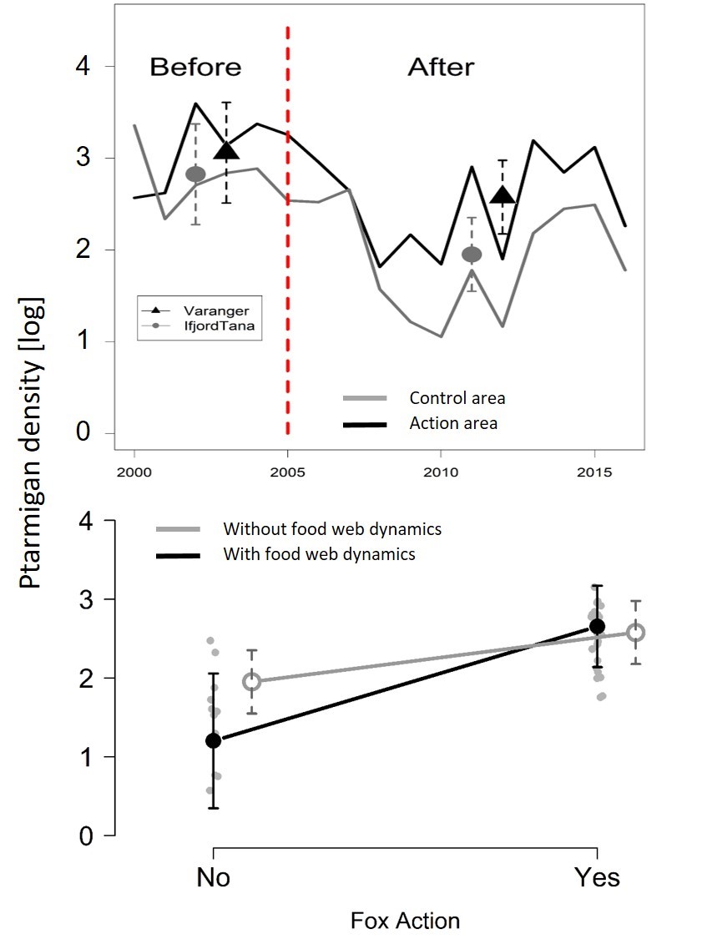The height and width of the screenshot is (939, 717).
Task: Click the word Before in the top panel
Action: (195, 68)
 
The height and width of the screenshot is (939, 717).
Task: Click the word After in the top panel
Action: (441, 68)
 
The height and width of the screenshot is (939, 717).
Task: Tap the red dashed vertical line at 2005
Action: (288, 250)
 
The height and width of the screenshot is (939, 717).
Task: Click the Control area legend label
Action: (457, 398)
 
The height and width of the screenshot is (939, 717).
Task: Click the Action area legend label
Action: (453, 424)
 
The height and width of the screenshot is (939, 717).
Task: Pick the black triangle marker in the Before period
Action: (226, 150)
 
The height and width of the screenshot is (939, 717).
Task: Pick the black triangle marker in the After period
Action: (502, 195)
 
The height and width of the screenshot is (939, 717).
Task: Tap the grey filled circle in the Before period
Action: (195, 174)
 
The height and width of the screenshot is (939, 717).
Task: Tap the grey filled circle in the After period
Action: (472, 254)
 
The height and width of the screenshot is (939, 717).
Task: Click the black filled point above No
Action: (213, 740)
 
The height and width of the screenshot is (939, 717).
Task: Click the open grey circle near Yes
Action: (636, 633)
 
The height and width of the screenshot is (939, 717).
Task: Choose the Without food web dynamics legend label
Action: (331, 529)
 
